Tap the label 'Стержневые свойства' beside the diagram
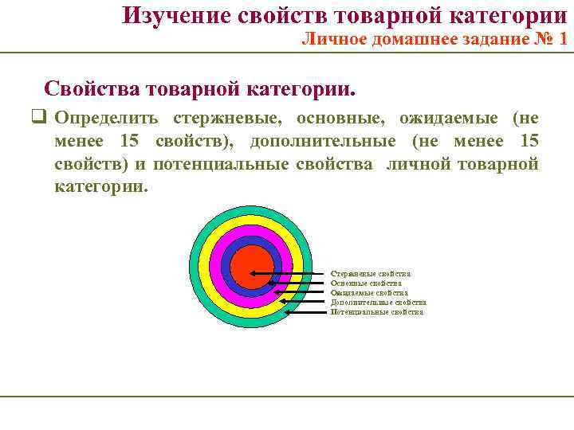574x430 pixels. click(x=371, y=274)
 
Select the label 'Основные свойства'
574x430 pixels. click(x=366, y=283)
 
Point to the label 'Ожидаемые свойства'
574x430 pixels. click(x=369, y=293)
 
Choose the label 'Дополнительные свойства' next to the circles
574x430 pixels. click(x=378, y=303)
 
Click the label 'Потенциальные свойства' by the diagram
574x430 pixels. click(x=376, y=312)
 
